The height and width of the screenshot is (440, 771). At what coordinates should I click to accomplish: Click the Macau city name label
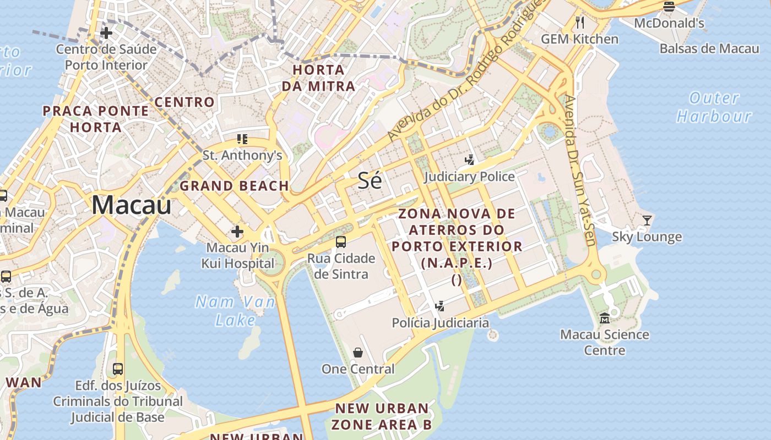pos(131,205)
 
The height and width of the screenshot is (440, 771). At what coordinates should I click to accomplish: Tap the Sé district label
pos(370,180)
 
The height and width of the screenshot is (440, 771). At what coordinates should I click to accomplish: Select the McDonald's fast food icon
pos(669,7)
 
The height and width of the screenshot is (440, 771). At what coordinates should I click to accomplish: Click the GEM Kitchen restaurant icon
pos(579,23)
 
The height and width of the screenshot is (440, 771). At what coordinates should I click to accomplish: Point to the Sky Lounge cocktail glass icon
pos(647,221)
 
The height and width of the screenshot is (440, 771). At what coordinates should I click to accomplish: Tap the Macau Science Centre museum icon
pos(605,318)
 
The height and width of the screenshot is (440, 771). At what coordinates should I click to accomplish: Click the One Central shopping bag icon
pos(358,353)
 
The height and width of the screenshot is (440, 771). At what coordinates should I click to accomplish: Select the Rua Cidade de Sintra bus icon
pos(341,242)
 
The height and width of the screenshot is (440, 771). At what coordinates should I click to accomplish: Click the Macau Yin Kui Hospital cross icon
pos(237,232)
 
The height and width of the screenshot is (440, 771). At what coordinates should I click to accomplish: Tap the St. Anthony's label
pos(242,156)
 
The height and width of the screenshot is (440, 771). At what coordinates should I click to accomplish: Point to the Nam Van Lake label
pos(235,311)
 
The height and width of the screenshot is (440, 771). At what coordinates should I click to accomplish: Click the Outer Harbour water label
pos(714,107)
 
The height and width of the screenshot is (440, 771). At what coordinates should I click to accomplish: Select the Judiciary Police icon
pos(469,160)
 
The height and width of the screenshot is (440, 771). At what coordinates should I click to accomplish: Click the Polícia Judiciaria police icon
pos(440,306)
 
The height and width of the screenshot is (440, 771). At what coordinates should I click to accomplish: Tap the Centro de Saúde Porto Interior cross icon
pos(106,33)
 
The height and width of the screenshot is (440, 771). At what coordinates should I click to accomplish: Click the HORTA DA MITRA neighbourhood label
pos(318,78)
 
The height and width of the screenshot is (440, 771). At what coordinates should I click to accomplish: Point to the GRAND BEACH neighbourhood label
pos(234,186)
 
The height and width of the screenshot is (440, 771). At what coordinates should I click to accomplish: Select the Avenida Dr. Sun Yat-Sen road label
pos(580,170)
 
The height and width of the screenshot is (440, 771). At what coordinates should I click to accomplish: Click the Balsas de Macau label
pos(709,48)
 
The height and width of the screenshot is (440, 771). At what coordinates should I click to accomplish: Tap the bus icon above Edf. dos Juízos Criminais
pos(118,369)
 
